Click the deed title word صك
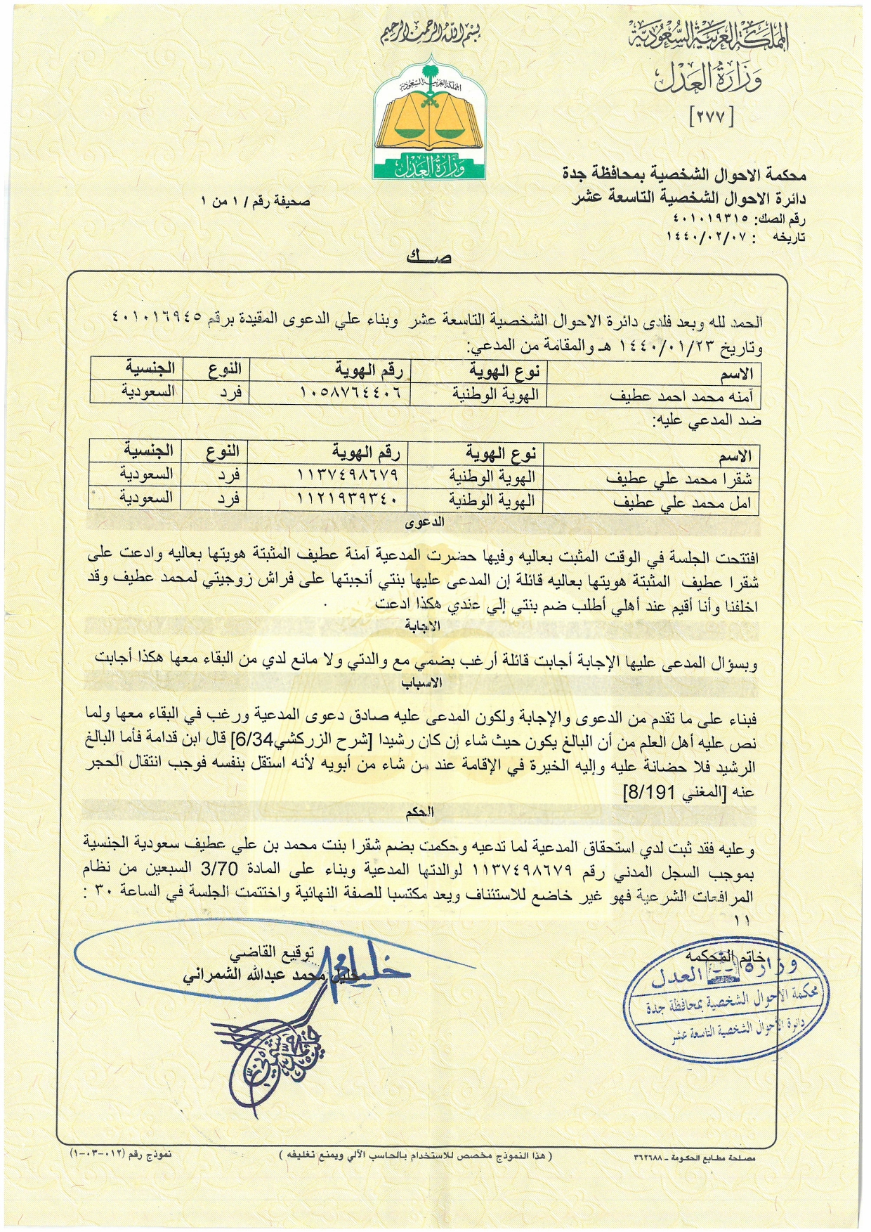coord(428,257)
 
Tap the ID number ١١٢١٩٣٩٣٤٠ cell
coord(348,499)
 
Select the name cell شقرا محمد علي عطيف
coord(679,479)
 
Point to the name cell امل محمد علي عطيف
coord(682,503)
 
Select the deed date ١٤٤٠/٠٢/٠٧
coord(717,238)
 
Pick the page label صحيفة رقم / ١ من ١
coord(256,202)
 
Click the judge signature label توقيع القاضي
coord(275,954)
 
